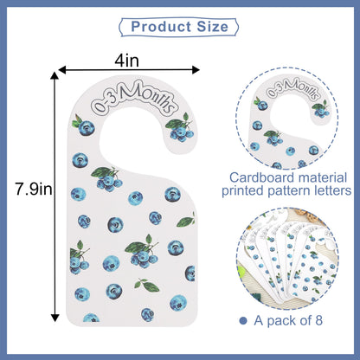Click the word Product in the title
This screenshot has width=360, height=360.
click(x=161, y=27)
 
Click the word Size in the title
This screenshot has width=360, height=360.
click(x=213, y=27)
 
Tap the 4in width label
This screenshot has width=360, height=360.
click(x=127, y=61)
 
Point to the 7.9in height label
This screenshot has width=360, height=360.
click(x=34, y=190)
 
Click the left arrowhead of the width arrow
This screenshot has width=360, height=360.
click(x=62, y=69)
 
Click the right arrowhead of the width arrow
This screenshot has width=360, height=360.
click(x=196, y=70)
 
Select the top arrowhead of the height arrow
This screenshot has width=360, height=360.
click(x=55, y=75)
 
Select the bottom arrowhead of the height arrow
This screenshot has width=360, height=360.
click(x=55, y=318)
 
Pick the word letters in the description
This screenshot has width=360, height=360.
click(x=334, y=190)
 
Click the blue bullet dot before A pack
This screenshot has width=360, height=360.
click(x=243, y=320)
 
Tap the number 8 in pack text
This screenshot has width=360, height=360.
click(x=318, y=320)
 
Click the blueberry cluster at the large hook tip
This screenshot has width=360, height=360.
click(x=180, y=129)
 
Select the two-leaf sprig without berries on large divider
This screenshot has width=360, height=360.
click(x=147, y=286)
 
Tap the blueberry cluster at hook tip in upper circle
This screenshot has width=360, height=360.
click(x=321, y=109)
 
